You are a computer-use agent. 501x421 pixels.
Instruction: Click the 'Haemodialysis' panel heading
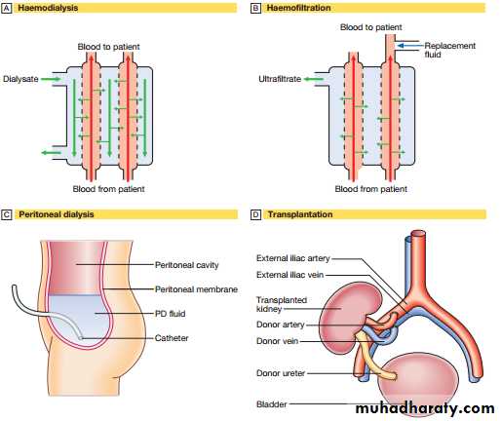48,8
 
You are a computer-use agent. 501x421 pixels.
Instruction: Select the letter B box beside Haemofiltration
255,8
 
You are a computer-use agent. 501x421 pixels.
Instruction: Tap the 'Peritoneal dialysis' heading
57,214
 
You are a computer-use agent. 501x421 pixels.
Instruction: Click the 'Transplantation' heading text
300,214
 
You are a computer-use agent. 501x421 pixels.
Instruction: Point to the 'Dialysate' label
20,79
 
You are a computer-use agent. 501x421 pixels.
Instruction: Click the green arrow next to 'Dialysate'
51,79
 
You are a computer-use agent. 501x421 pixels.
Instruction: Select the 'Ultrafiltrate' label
280,79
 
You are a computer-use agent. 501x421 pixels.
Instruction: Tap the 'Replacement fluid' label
449,50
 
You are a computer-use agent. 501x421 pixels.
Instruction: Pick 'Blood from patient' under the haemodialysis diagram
108,189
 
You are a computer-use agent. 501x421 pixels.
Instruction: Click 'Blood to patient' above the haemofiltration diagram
371,27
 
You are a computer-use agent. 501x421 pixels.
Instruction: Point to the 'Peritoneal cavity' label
187,265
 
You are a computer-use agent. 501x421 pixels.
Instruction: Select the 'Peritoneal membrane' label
196,289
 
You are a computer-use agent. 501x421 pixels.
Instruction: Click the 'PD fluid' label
171,314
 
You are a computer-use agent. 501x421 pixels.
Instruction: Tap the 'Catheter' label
172,338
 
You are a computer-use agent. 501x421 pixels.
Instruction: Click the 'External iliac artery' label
293,258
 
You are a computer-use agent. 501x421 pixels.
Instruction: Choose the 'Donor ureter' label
281,373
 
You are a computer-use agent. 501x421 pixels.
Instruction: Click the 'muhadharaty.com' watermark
425,408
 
